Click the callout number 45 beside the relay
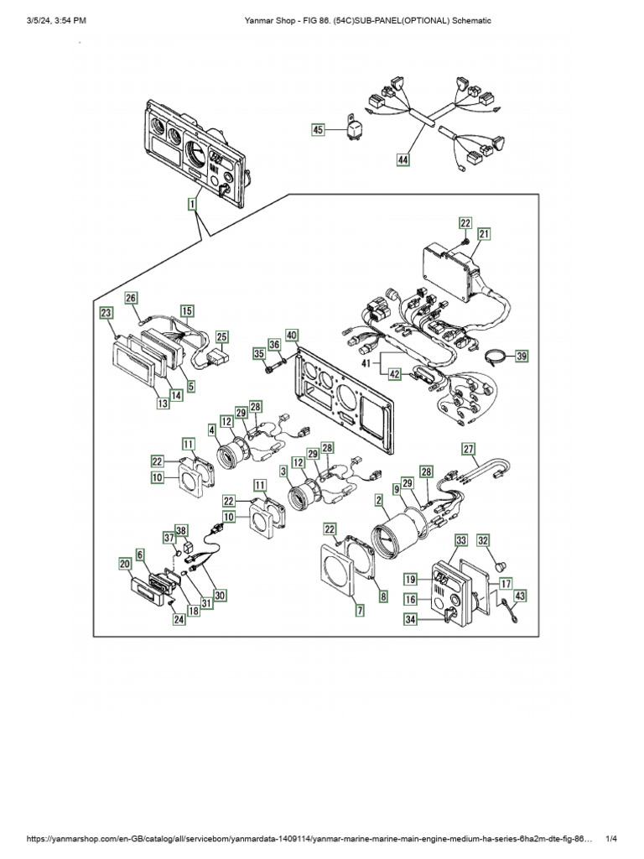pos(318,129)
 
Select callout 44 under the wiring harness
pos(404,158)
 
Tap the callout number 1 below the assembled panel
pos(192,204)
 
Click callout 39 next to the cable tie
pos(522,356)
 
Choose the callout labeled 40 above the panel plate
pos(291,336)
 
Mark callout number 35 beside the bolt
pos(257,355)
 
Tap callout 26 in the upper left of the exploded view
pos(131,298)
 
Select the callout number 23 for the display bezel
pos(106,313)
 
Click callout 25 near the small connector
pos(221,337)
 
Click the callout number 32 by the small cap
pos(506,540)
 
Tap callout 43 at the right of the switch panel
pos(520,595)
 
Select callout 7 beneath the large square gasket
pos(360,612)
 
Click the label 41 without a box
pos(367,362)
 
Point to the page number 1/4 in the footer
pos(611,839)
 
